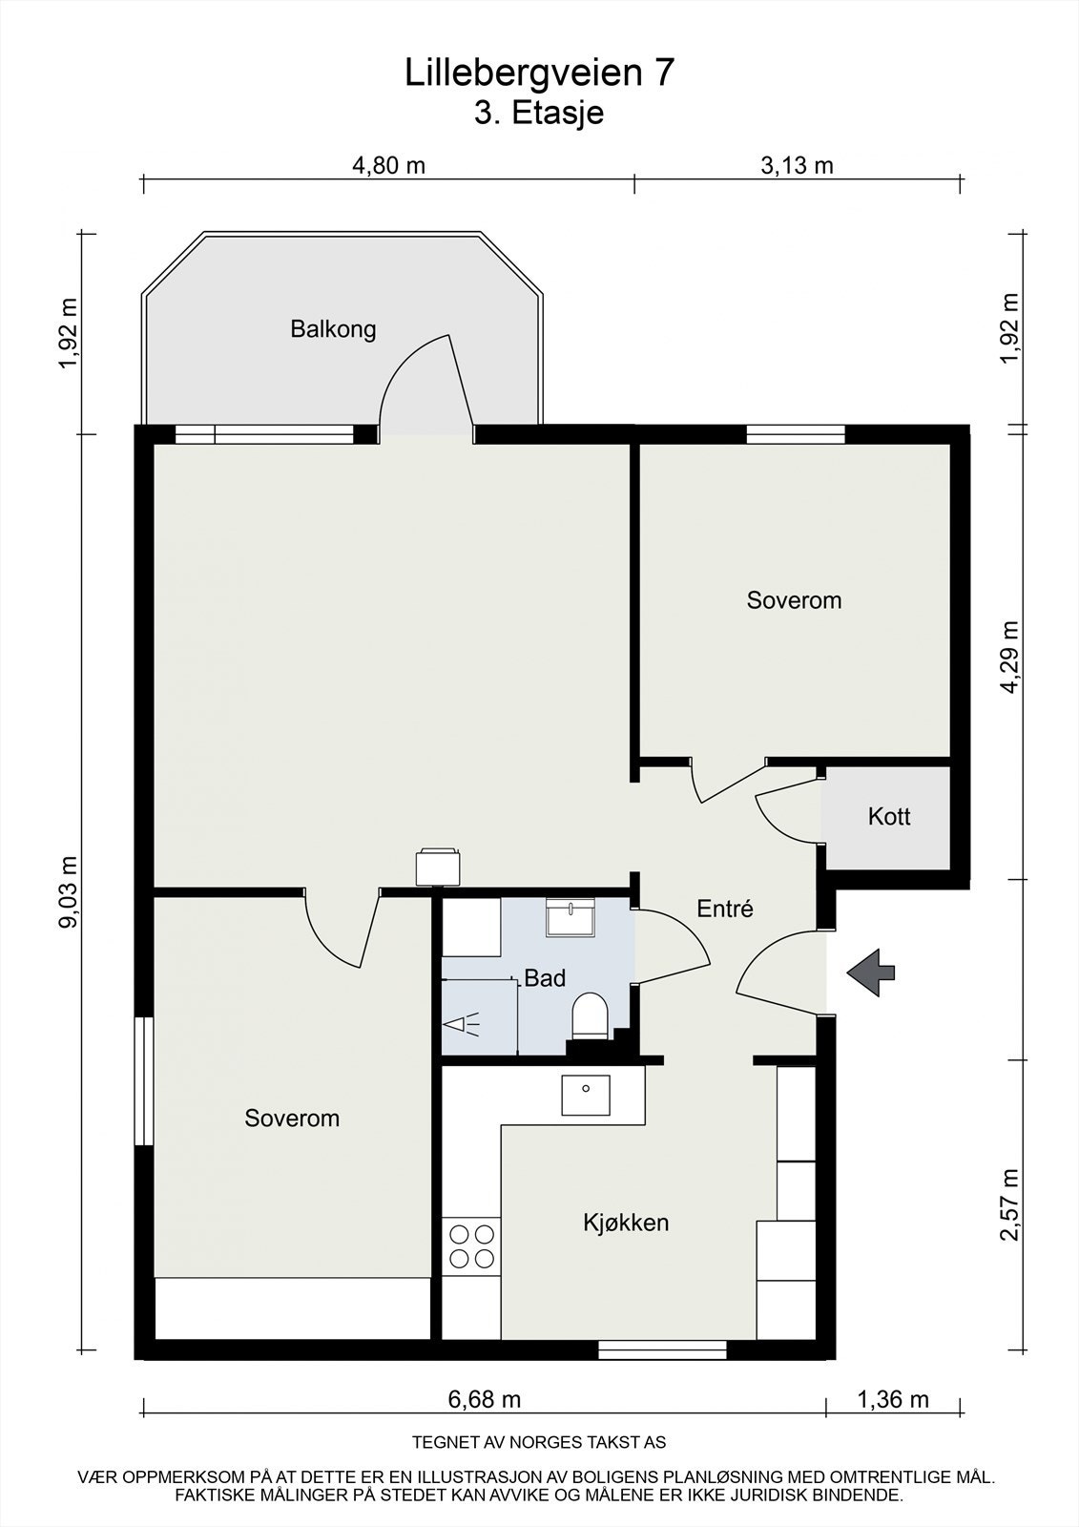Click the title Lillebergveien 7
pyautogui.click(x=539, y=73)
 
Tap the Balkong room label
pyautogui.click(x=333, y=329)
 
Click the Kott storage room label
pyautogui.click(x=889, y=816)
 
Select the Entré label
pyautogui.click(x=724, y=908)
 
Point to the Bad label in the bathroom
pyautogui.click(x=545, y=978)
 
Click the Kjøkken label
pyautogui.click(x=626, y=1223)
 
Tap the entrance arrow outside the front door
pyautogui.click(x=870, y=973)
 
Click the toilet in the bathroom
pyautogui.click(x=590, y=1015)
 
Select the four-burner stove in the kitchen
pyautogui.click(x=471, y=1246)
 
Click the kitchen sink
pyautogui.click(x=586, y=1096)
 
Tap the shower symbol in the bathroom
pyautogui.click(x=462, y=1024)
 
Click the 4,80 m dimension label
pyautogui.click(x=388, y=165)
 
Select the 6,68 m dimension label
pyautogui.click(x=484, y=1399)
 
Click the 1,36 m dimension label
pyautogui.click(x=892, y=1399)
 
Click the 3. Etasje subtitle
pyautogui.click(x=539, y=114)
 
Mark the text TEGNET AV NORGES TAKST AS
pyautogui.click(x=539, y=1442)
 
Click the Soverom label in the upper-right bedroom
pyautogui.click(x=794, y=600)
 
